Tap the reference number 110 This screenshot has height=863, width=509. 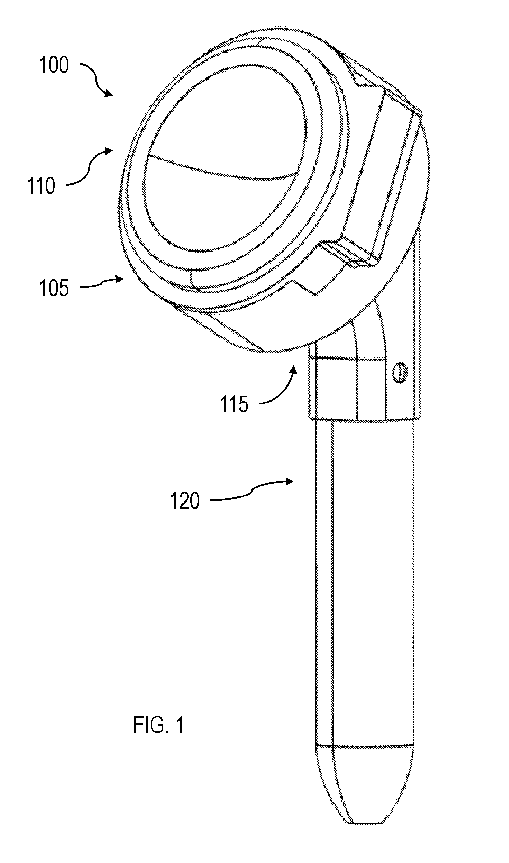tap(41, 186)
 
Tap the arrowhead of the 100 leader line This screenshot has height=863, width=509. tap(108, 93)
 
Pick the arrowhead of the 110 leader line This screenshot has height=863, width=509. tap(108, 151)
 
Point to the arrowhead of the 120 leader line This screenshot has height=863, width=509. tap(289, 481)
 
